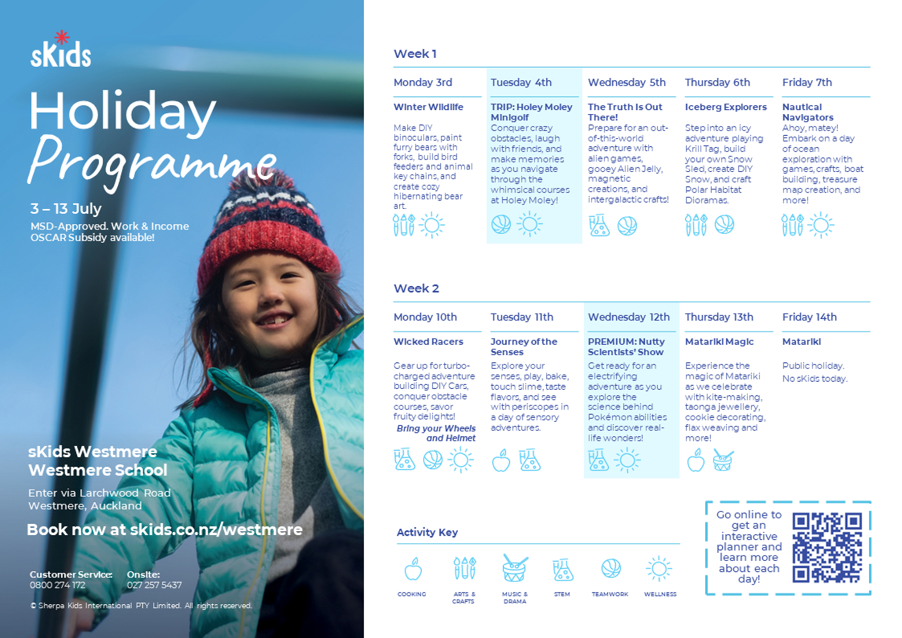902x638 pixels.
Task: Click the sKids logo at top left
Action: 60,53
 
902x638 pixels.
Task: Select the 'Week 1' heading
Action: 415,54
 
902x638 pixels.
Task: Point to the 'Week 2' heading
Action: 416,288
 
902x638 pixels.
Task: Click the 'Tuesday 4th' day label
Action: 521,83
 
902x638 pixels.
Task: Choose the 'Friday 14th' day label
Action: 809,317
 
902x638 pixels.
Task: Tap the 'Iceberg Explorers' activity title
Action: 726,107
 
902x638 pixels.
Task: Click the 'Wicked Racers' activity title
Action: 428,342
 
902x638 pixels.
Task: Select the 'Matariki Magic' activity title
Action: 719,342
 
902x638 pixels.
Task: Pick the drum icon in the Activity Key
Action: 515,569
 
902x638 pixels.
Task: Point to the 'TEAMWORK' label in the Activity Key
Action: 610,594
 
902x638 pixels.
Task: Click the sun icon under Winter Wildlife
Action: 432,225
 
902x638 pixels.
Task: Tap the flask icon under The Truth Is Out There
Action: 599,225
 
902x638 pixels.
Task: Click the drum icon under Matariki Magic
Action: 723,461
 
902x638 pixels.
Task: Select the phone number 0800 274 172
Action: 57,585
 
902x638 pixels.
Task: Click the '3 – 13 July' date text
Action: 66,208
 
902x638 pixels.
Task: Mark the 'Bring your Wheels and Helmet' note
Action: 436,433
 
